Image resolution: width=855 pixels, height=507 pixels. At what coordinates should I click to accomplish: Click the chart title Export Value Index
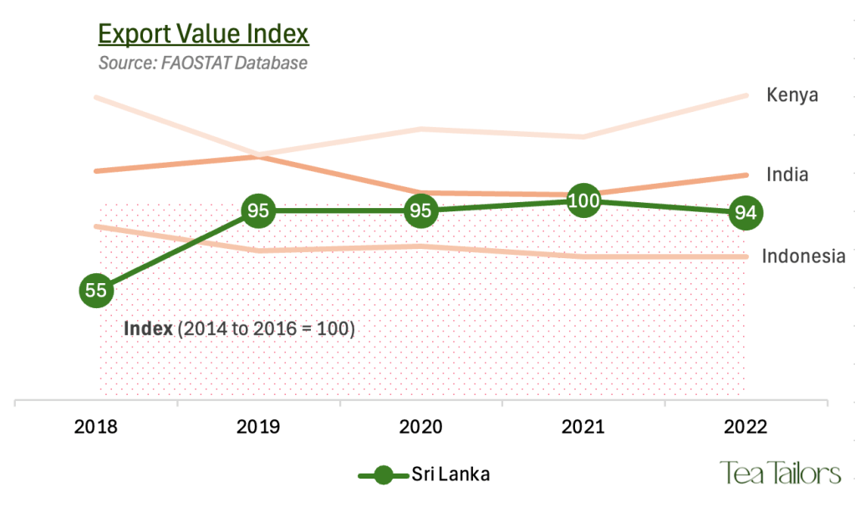[203, 34]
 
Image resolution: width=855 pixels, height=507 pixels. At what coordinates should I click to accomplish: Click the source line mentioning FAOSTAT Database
[203, 63]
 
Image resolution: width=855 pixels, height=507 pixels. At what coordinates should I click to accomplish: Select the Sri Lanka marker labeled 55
[96, 291]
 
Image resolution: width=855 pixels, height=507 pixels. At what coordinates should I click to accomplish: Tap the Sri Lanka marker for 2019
[258, 210]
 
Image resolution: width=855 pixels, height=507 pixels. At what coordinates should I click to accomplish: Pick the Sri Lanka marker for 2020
[420, 210]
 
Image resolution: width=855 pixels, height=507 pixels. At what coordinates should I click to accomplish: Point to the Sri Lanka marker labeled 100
[583, 200]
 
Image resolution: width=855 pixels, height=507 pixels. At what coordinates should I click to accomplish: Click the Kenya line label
[791, 95]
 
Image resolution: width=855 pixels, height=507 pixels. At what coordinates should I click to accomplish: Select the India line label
[787, 175]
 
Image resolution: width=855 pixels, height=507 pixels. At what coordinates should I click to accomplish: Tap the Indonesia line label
[803, 256]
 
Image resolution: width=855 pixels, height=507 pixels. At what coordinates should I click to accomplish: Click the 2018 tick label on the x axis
[96, 428]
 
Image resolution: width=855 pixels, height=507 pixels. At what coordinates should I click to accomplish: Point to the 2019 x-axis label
[258, 428]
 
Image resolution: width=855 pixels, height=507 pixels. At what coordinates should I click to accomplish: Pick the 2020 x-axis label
[420, 428]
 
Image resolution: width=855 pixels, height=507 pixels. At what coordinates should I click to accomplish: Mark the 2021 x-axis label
[583, 428]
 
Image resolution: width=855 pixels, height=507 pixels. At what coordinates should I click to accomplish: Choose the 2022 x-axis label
[745, 428]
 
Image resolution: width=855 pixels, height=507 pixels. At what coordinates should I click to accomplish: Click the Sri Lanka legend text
[450, 474]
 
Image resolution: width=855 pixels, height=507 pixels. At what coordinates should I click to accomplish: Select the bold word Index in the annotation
[148, 328]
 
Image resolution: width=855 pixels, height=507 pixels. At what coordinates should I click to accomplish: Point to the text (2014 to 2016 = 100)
[266, 328]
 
